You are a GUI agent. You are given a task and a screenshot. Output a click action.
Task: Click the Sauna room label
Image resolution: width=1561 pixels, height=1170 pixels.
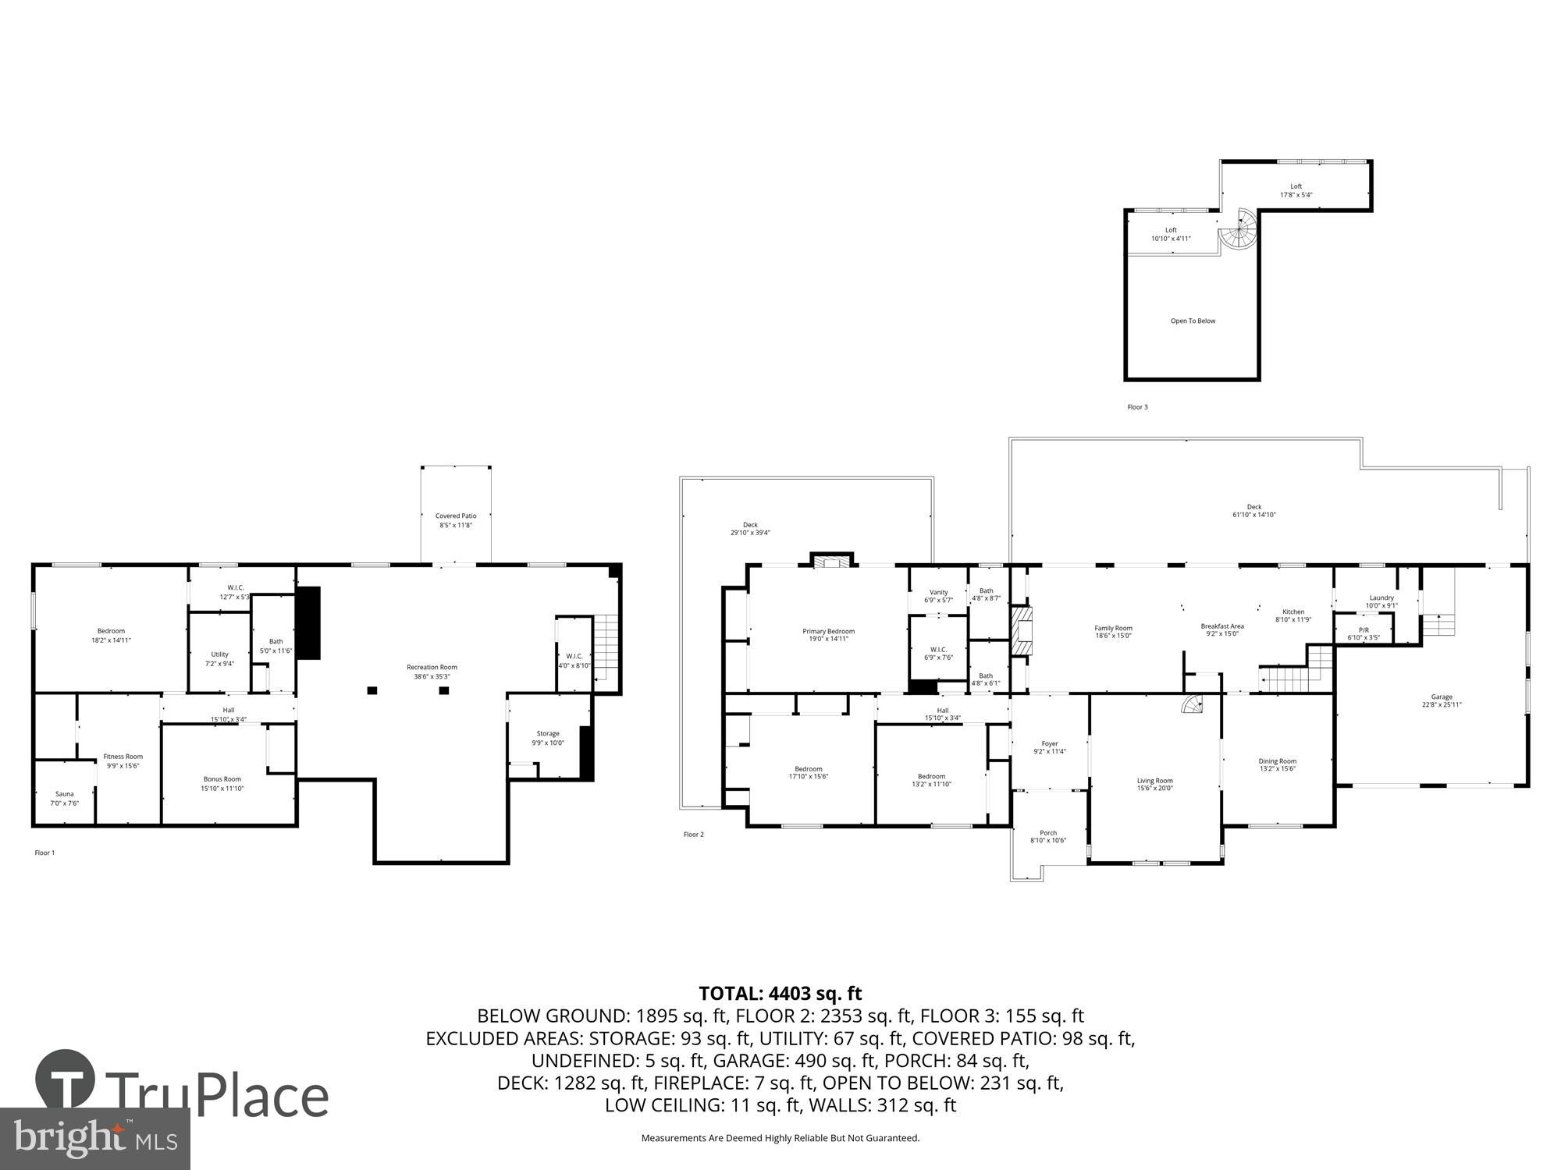pyautogui.click(x=64, y=794)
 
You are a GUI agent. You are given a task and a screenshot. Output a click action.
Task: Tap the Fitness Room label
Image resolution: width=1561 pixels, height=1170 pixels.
pyautogui.click(x=123, y=757)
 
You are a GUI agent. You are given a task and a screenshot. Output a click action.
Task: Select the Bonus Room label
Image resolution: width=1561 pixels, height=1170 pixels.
pyautogui.click(x=222, y=779)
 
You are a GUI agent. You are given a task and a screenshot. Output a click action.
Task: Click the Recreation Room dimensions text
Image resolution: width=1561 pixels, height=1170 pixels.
pyautogui.click(x=432, y=676)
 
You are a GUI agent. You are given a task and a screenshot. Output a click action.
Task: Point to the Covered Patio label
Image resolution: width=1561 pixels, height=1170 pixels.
pyautogui.click(x=456, y=516)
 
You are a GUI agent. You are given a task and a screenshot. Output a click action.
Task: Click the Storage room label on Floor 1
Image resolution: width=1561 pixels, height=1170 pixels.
pyautogui.click(x=547, y=733)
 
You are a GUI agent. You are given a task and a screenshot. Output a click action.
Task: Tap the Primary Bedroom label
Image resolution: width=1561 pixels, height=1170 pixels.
pyautogui.click(x=828, y=631)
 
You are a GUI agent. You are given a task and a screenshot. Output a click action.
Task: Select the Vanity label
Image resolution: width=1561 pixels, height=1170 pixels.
pyautogui.click(x=938, y=592)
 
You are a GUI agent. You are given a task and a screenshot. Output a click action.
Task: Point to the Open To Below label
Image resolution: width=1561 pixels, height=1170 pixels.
pyautogui.click(x=1193, y=321)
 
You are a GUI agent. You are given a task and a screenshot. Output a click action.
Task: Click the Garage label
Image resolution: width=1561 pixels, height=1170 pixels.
pyautogui.click(x=1441, y=697)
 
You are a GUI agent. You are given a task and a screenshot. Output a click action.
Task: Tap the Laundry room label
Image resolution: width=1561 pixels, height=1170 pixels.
pyautogui.click(x=1381, y=597)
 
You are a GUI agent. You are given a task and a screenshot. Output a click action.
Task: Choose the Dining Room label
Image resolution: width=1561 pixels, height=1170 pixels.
pyautogui.click(x=1277, y=761)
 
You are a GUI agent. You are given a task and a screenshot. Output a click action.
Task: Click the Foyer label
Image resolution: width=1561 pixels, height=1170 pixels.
pyautogui.click(x=1049, y=743)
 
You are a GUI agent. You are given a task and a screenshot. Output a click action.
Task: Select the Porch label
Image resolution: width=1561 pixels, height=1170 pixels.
pyautogui.click(x=1047, y=833)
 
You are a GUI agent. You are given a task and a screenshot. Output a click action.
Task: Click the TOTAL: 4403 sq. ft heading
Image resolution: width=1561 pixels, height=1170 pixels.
pyautogui.click(x=780, y=993)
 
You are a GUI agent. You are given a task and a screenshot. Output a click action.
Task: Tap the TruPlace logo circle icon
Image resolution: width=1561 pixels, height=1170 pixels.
pyautogui.click(x=66, y=1080)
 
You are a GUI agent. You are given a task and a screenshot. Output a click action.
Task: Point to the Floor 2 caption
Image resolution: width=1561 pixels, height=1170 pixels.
pyautogui.click(x=693, y=835)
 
